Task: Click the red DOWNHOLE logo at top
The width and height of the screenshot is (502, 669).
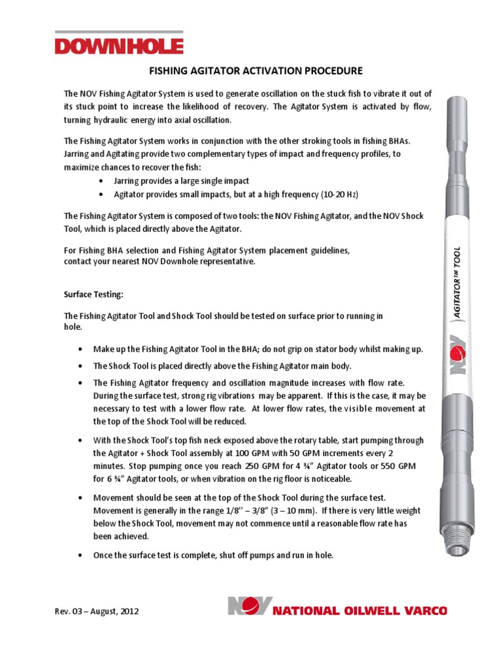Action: pyautogui.click(x=119, y=46)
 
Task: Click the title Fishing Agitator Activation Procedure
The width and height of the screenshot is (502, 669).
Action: pyautogui.click(x=252, y=71)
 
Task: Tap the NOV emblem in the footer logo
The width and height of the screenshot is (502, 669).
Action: pyautogui.click(x=248, y=606)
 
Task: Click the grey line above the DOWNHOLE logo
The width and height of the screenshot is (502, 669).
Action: pyautogui.click(x=119, y=31)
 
